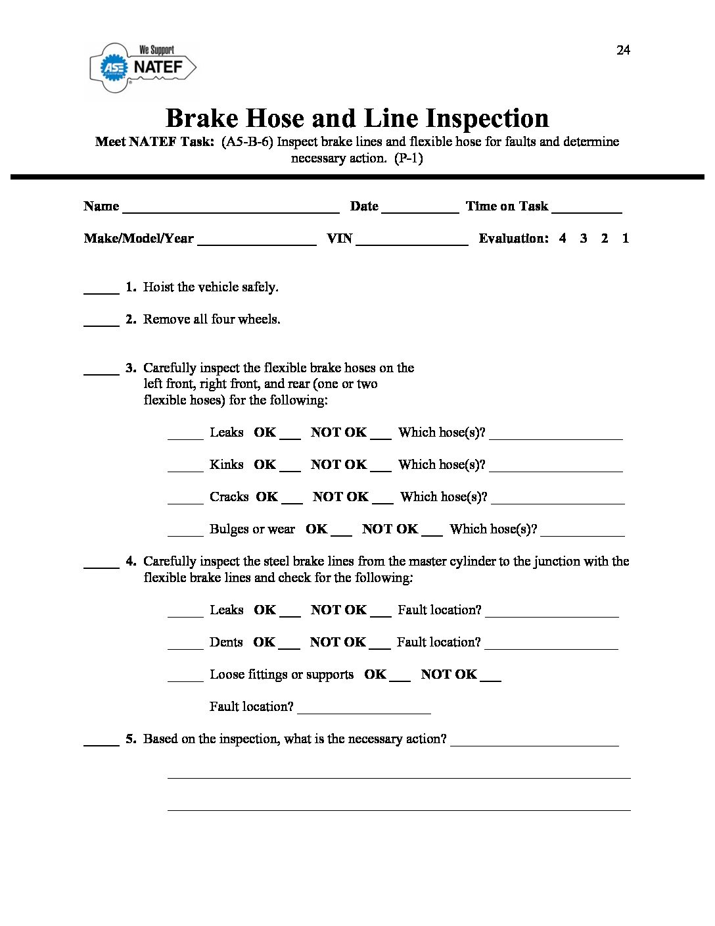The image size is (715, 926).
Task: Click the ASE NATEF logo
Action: click(x=143, y=68)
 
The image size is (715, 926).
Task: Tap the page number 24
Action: click(x=623, y=51)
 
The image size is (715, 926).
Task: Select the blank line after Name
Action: click(x=231, y=209)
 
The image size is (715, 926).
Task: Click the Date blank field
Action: click(x=420, y=209)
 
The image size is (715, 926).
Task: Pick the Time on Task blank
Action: click(x=587, y=209)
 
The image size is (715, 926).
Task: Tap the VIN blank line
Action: click(x=412, y=241)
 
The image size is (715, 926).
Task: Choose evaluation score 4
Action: click(x=563, y=238)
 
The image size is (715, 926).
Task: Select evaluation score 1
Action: click(x=625, y=238)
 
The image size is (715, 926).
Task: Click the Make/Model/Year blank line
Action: click(x=256, y=241)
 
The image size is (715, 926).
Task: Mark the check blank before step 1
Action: click(x=101, y=290)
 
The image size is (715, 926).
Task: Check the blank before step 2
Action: click(x=101, y=322)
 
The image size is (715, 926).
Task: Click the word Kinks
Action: click(x=226, y=464)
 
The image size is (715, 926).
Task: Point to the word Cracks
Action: click(x=229, y=497)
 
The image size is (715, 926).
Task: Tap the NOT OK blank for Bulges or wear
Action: click(x=432, y=532)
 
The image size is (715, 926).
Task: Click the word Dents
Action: click(x=226, y=642)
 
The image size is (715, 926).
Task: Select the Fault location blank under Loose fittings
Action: click(x=364, y=710)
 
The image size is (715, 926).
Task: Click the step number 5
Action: click(x=131, y=739)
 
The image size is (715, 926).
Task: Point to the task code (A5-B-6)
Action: click(x=247, y=141)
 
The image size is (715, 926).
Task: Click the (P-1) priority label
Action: click(x=408, y=158)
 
